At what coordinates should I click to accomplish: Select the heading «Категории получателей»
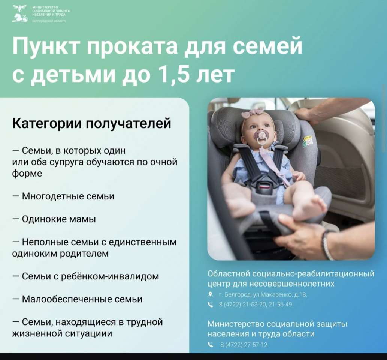(91, 123)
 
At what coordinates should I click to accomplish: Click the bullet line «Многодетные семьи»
(63, 196)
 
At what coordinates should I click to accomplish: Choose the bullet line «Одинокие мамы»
(54, 219)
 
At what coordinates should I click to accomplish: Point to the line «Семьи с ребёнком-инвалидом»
(86, 276)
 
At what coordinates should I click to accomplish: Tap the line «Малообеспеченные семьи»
(77, 299)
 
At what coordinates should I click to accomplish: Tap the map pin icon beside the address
(210, 294)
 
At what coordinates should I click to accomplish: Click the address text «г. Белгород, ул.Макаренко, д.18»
(263, 294)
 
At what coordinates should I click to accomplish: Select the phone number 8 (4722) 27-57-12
(244, 345)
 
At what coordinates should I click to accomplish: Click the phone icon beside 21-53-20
(210, 304)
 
